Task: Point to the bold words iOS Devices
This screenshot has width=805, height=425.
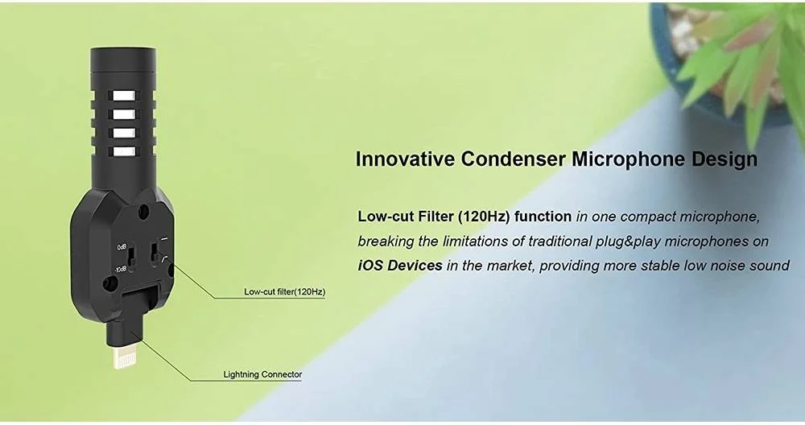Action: (400, 266)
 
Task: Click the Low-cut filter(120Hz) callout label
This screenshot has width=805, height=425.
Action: (284, 291)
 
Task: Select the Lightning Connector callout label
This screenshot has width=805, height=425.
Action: (262, 374)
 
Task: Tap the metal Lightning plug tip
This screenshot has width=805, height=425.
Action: (124, 357)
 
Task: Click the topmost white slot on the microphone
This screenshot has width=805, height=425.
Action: (124, 96)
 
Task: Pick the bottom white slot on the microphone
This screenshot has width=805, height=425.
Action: (124, 151)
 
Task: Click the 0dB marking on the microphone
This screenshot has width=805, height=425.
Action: (122, 247)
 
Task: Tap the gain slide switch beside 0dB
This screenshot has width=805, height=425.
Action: (132, 257)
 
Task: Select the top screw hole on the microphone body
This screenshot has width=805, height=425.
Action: (144, 210)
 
